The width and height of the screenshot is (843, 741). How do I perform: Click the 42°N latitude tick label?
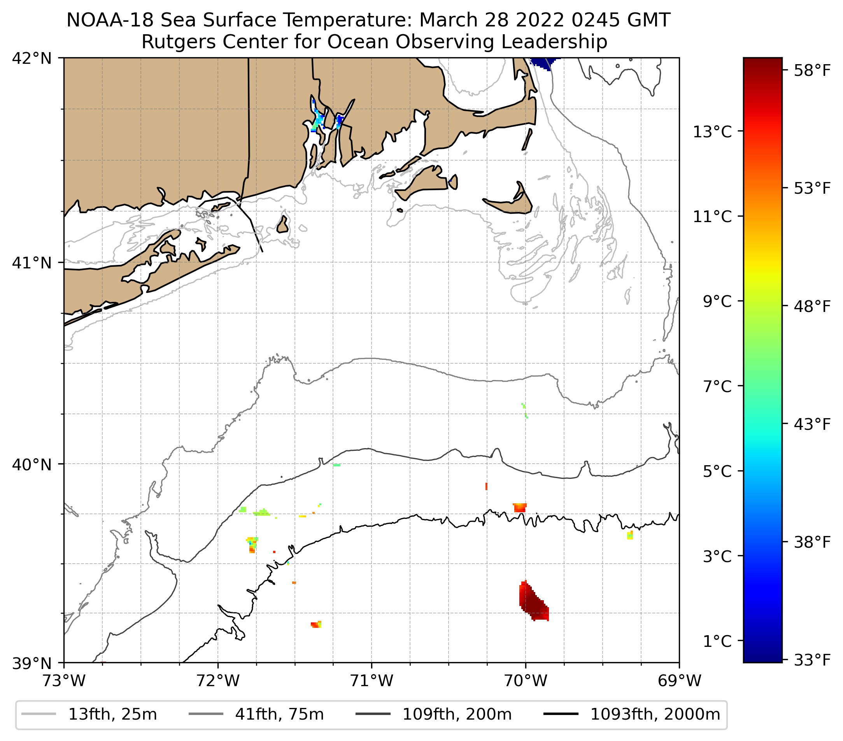[x=32, y=59]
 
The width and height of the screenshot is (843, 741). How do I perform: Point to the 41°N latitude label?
[x=32, y=262]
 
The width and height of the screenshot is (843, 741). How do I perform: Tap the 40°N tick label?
[x=32, y=464]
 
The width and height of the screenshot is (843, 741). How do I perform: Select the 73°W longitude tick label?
[x=64, y=680]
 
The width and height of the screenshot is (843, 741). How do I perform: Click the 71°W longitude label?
[x=372, y=680]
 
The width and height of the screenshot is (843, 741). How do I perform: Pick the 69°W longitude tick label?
[x=679, y=680]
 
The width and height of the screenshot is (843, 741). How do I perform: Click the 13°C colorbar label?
[x=712, y=132]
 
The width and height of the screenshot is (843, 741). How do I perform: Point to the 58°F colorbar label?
[x=812, y=71]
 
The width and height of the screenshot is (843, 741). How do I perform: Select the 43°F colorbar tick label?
[x=812, y=424]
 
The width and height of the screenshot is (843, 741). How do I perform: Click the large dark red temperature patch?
[x=534, y=603]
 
